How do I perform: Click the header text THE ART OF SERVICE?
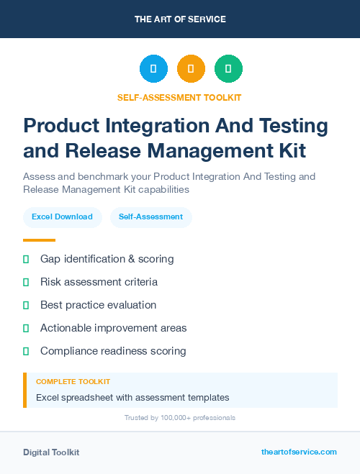tap(180, 19)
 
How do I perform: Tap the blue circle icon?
tap(153, 69)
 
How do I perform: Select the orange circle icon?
tap(191, 69)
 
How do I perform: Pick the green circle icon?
tap(228, 69)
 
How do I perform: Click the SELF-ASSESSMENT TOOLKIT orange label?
tap(179, 97)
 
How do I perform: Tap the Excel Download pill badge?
tap(62, 217)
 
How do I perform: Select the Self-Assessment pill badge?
tap(150, 217)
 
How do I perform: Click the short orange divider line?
tap(39, 240)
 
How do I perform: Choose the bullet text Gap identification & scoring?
tap(107, 259)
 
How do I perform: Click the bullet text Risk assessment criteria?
tap(99, 282)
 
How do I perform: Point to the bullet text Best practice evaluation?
tap(98, 305)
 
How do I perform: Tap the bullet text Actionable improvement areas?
tap(113, 328)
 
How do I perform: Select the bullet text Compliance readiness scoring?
tap(113, 351)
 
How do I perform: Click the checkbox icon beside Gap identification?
tap(26, 259)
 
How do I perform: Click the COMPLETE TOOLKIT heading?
tap(73, 381)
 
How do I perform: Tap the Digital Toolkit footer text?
tap(51, 452)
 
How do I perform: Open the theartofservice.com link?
tap(299, 452)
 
